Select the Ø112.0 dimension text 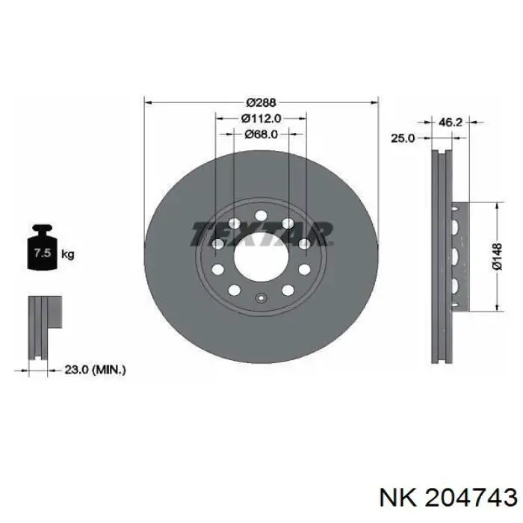[x=261, y=117]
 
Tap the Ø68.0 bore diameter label [x=261, y=134]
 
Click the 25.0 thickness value [x=403, y=137]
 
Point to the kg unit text [x=68, y=254]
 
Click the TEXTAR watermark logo [x=261, y=233]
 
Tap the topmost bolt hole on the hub [x=261, y=216]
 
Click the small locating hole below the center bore [x=261, y=300]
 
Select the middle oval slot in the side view [x=454, y=256]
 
